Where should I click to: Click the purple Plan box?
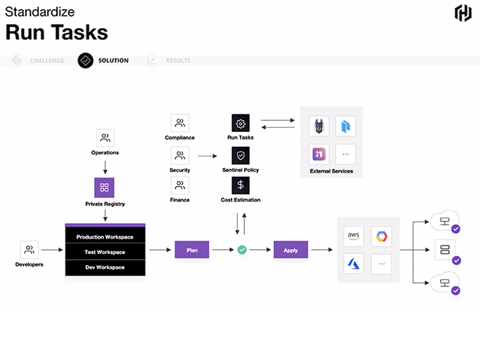(192, 250)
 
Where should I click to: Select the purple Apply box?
(291, 250)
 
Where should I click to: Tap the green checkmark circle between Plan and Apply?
(242, 250)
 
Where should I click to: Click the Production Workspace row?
(105, 236)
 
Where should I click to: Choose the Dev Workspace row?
(105, 267)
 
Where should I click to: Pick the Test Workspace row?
(105, 252)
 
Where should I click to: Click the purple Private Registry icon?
(105, 187)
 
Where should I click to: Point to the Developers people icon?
(29, 250)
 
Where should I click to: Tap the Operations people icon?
(105, 138)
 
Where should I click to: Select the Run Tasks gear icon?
(241, 123)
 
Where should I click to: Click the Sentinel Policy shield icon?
(241, 156)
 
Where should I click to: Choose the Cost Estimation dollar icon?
(241, 185)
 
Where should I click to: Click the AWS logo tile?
(354, 236)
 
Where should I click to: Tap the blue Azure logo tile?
(354, 263)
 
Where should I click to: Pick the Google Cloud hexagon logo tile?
(382, 236)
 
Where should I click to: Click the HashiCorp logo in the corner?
(463, 13)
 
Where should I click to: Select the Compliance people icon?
(180, 123)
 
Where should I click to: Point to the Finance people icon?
(180, 185)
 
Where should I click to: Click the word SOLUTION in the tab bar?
(113, 60)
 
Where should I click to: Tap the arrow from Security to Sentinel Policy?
(207, 156)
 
